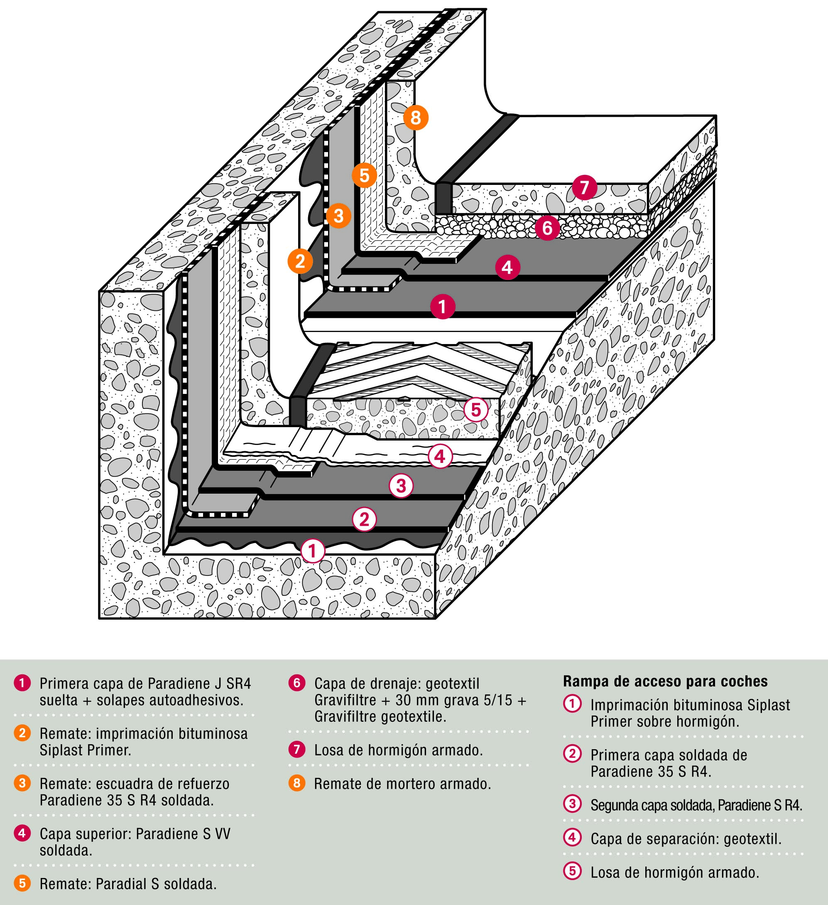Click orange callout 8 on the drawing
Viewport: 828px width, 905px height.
click(x=415, y=118)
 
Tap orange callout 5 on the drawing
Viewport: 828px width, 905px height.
click(x=364, y=175)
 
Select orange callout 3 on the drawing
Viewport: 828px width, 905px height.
click(x=338, y=216)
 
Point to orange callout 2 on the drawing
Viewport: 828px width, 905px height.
click(x=300, y=261)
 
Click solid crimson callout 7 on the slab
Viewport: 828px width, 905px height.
click(x=584, y=187)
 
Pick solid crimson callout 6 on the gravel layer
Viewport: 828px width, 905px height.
click(x=547, y=228)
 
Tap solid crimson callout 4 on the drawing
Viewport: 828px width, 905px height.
click(x=507, y=268)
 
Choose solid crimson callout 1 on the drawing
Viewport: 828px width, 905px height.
click(x=442, y=307)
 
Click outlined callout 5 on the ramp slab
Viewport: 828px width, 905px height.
click(x=475, y=409)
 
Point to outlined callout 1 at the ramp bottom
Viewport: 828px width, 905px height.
click(x=313, y=551)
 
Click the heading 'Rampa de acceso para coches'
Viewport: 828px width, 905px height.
click(x=665, y=681)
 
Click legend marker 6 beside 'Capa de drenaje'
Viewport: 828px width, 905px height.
click(x=296, y=683)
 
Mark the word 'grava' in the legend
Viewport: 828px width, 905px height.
click(x=463, y=700)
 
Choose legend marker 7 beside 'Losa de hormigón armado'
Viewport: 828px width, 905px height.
click(x=296, y=749)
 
